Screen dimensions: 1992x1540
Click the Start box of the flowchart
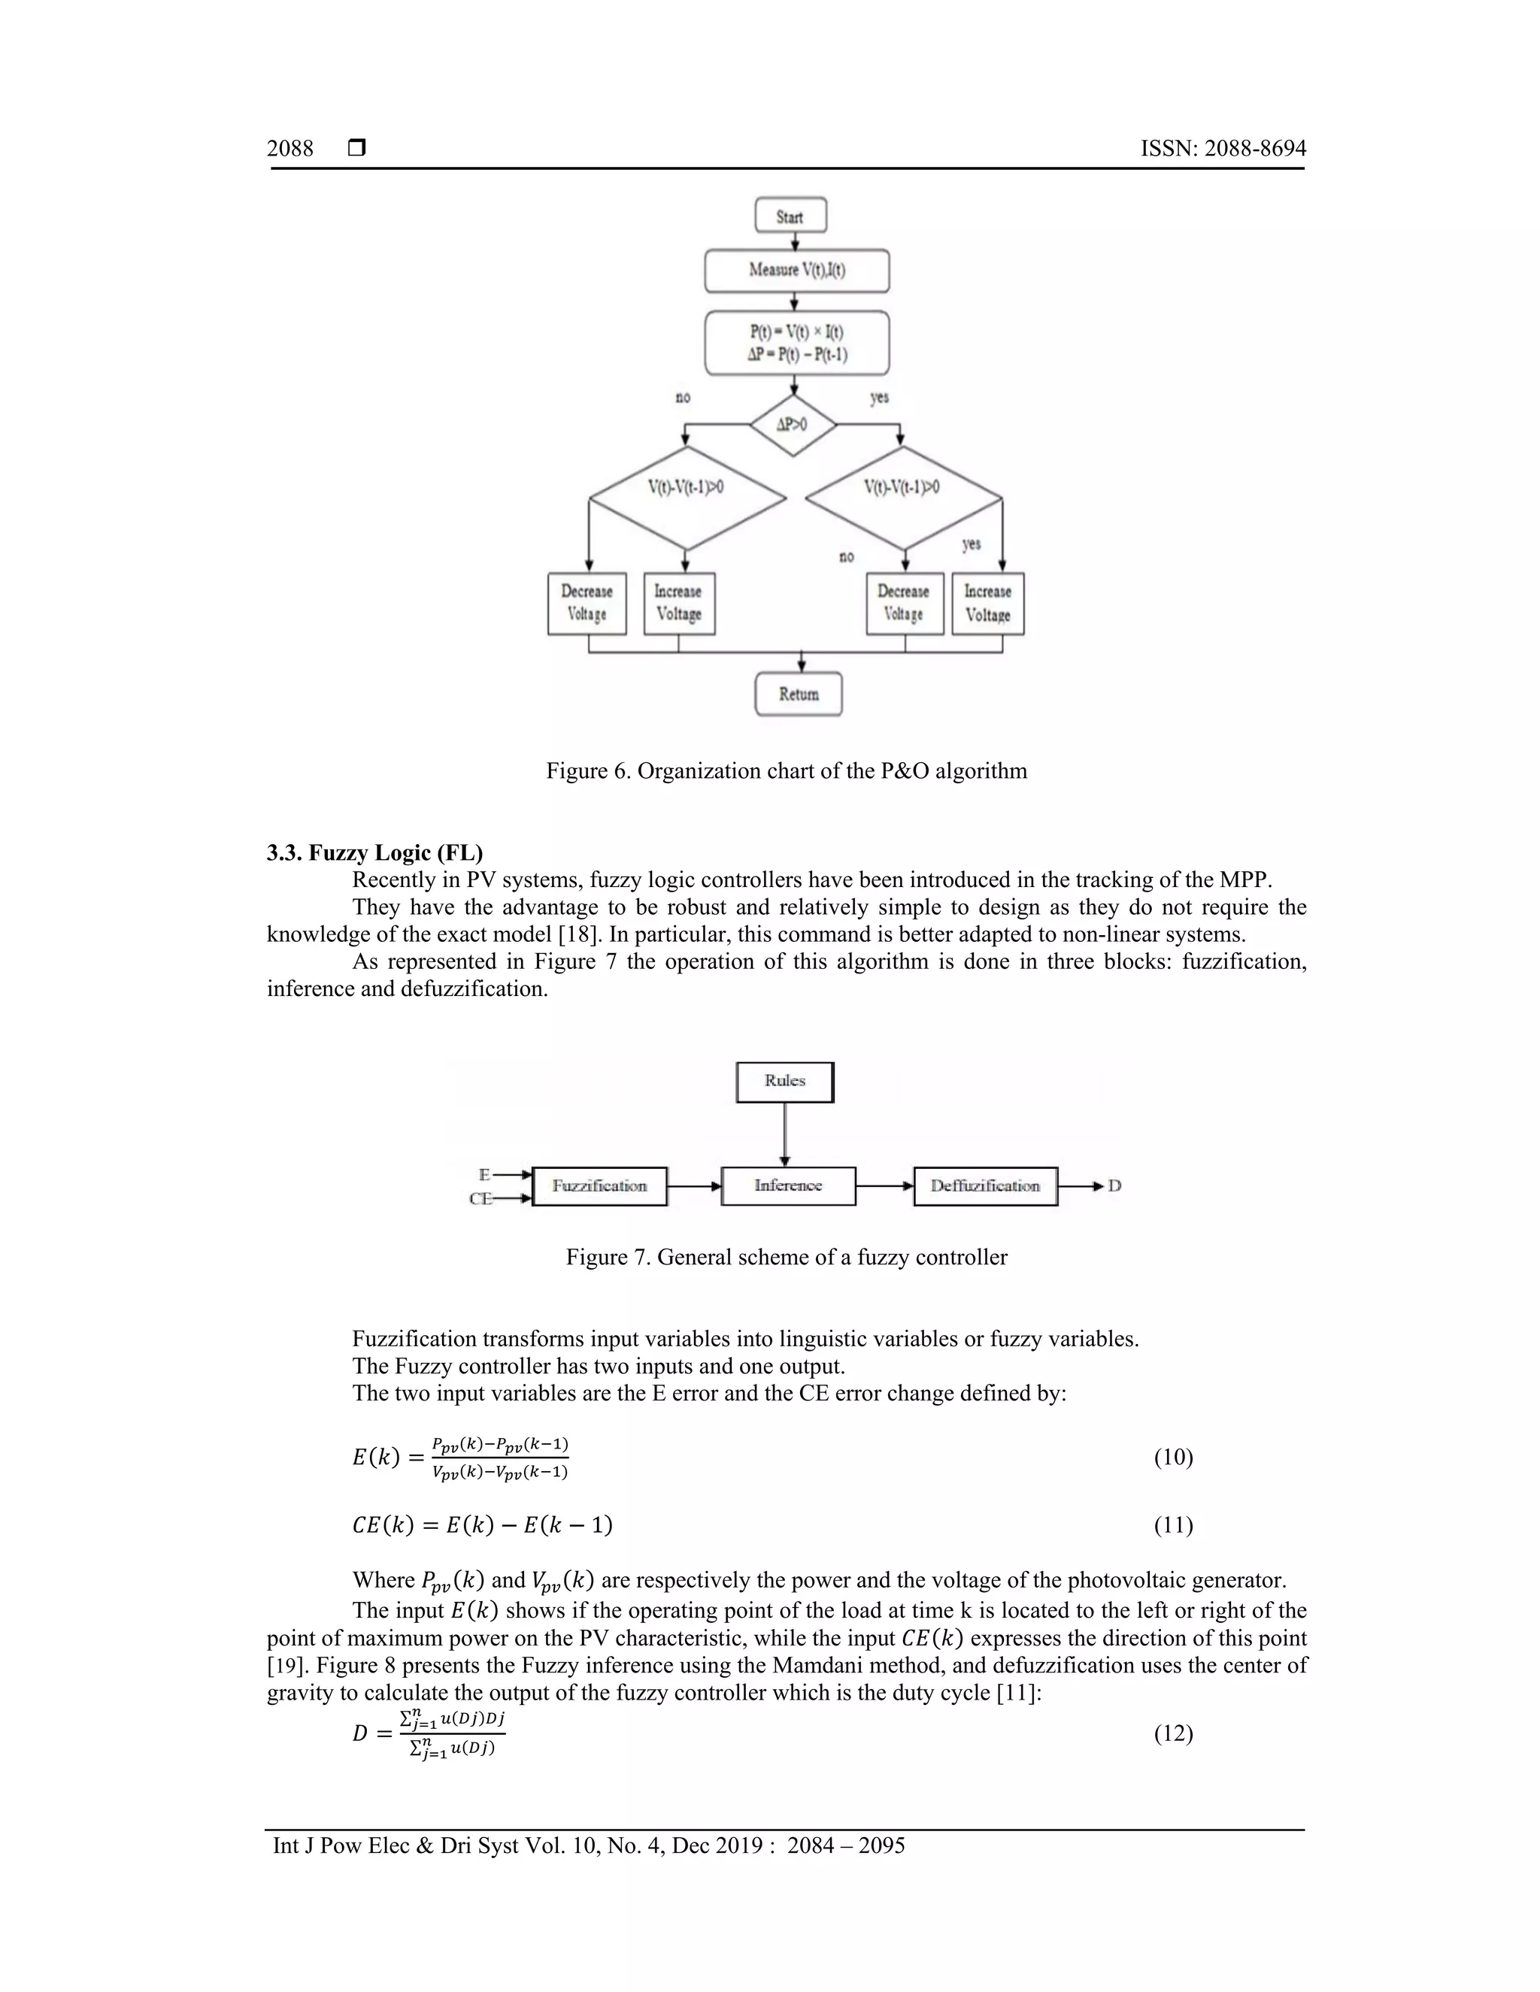(790, 216)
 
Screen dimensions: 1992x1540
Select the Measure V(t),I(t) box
(796, 271)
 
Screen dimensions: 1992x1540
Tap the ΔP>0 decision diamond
(792, 425)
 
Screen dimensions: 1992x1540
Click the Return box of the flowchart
(799, 694)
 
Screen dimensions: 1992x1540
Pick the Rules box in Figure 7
(784, 1082)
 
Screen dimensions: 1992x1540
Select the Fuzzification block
(599, 1185)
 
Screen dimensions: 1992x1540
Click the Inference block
(788, 1185)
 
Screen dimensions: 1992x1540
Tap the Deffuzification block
(985, 1185)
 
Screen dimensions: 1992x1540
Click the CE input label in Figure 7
(480, 1198)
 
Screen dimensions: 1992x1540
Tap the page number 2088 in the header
(290, 149)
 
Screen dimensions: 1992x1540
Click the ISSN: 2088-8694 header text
(1223, 149)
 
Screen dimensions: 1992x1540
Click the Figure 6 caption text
(787, 770)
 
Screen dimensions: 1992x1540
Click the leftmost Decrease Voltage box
(587, 603)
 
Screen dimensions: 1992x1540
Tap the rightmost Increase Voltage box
(987, 603)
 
